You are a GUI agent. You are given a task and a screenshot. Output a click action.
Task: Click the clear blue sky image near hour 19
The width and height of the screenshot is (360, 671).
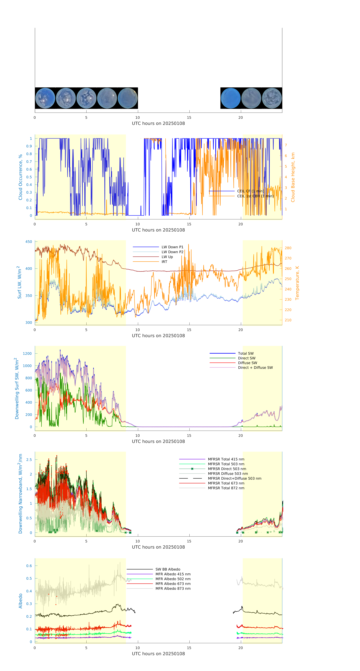tap(230, 98)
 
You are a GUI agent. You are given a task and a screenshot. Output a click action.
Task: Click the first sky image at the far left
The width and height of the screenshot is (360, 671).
tap(45, 98)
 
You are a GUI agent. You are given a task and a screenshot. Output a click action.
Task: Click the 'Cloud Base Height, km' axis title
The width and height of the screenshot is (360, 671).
tap(293, 177)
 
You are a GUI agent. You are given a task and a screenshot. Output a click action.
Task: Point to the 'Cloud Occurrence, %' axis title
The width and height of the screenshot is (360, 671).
tap(20, 177)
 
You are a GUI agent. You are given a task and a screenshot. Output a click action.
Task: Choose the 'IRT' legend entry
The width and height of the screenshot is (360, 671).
tap(164, 262)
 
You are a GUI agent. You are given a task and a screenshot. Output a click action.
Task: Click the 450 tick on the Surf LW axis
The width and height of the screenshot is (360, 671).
tap(29, 242)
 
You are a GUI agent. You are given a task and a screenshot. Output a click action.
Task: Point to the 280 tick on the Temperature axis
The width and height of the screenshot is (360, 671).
tap(288, 248)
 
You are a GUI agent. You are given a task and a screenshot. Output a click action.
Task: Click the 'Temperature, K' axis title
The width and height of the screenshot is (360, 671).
tap(297, 283)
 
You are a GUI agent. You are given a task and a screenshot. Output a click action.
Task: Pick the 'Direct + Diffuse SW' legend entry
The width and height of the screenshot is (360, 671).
tap(255, 368)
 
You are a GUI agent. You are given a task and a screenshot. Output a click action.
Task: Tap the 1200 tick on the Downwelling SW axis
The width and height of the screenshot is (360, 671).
tap(27, 353)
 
